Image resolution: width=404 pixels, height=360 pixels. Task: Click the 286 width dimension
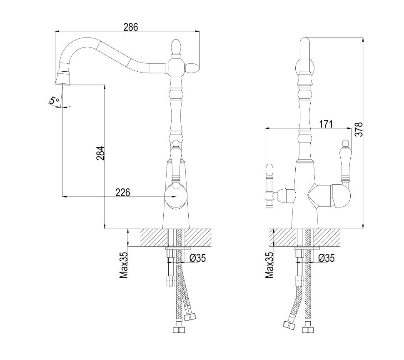coord(131,27)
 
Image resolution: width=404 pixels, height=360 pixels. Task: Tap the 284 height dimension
coord(100,153)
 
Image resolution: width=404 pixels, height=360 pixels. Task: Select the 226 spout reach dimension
coord(122,192)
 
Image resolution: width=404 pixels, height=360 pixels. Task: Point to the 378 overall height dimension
coord(359,130)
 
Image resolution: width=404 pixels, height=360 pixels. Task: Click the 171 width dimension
coord(326,124)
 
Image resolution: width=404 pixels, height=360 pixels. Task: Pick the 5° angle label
coord(55,100)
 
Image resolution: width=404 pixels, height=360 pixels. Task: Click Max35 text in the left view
coord(124,265)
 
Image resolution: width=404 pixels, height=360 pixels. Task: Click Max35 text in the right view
coord(269,265)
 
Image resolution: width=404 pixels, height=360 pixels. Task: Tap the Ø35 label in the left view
coord(197,257)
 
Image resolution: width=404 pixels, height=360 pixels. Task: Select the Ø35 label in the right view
coord(326,257)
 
